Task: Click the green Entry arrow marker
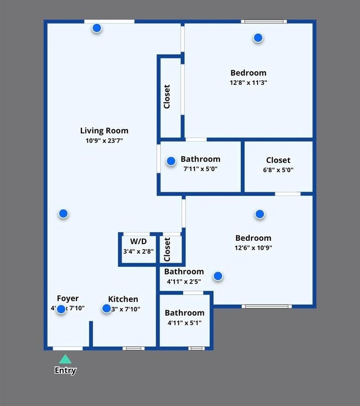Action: point(65,359)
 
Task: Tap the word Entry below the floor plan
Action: point(65,371)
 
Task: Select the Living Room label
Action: point(104,131)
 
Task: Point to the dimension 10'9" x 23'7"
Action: point(104,141)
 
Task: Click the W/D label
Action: point(138,241)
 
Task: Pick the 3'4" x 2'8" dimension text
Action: point(138,251)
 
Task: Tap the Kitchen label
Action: point(123,299)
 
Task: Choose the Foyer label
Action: point(68,299)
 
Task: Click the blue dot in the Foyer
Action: point(61,309)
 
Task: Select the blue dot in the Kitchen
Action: point(106,309)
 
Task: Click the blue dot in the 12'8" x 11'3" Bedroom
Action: point(258,38)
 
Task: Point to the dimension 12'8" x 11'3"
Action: point(248,83)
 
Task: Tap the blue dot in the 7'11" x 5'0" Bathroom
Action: point(171,161)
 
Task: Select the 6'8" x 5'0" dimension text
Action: point(278,170)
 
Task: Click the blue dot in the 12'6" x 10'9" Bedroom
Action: point(259,214)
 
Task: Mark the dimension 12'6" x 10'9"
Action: point(254,248)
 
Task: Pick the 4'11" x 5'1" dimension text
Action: point(184,323)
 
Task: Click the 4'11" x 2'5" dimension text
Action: point(184,282)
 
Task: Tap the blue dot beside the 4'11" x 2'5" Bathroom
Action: point(218,276)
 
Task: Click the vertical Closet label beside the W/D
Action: point(167,250)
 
